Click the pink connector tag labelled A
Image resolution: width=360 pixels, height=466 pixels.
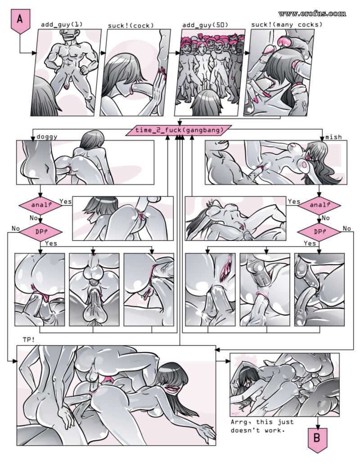click(20, 21)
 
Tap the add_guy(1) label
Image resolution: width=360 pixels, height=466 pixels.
click(62, 24)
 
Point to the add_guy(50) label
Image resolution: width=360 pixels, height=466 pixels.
click(205, 25)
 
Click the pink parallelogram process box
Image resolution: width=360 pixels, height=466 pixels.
click(179, 130)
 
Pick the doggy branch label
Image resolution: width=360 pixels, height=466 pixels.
click(47, 137)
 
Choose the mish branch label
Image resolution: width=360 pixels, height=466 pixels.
click(333, 137)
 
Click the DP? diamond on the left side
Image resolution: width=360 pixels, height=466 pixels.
click(40, 232)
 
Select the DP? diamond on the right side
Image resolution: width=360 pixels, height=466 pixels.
click(319, 231)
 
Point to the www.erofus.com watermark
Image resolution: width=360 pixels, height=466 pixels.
click(312, 14)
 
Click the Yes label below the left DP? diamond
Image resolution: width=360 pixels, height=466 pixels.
click(51, 244)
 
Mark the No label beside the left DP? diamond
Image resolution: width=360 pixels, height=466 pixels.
click(15, 228)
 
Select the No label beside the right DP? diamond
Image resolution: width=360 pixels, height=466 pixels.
click(347, 228)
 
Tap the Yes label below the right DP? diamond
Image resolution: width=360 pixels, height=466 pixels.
click(310, 244)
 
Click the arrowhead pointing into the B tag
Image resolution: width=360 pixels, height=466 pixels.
click(318, 427)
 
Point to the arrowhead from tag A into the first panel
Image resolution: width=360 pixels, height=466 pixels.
click(34, 53)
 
